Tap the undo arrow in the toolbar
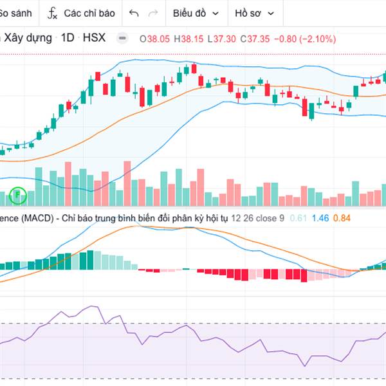(x=134, y=13)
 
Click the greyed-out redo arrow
(x=153, y=13)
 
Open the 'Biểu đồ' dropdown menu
(x=195, y=13)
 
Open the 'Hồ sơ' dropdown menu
(x=254, y=13)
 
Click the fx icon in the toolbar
(x=53, y=13)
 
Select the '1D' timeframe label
(x=68, y=39)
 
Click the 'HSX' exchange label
(x=94, y=39)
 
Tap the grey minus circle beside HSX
(x=122, y=39)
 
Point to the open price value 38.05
(x=158, y=39)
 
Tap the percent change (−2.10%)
(x=317, y=39)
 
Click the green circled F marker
(x=19, y=193)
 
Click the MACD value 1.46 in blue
(x=320, y=219)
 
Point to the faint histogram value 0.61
(x=298, y=219)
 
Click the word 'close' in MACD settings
(x=266, y=219)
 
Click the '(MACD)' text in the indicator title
(x=36, y=219)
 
